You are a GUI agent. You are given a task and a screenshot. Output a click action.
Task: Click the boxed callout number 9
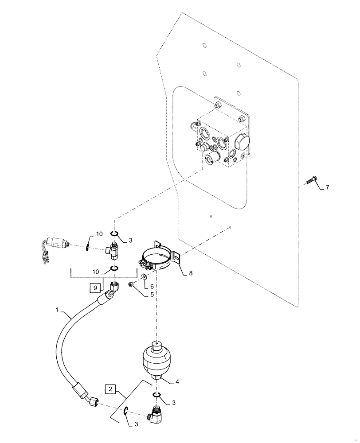pyautogui.click(x=94, y=288)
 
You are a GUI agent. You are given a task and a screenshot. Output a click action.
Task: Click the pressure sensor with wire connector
pyautogui.click(x=55, y=243)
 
